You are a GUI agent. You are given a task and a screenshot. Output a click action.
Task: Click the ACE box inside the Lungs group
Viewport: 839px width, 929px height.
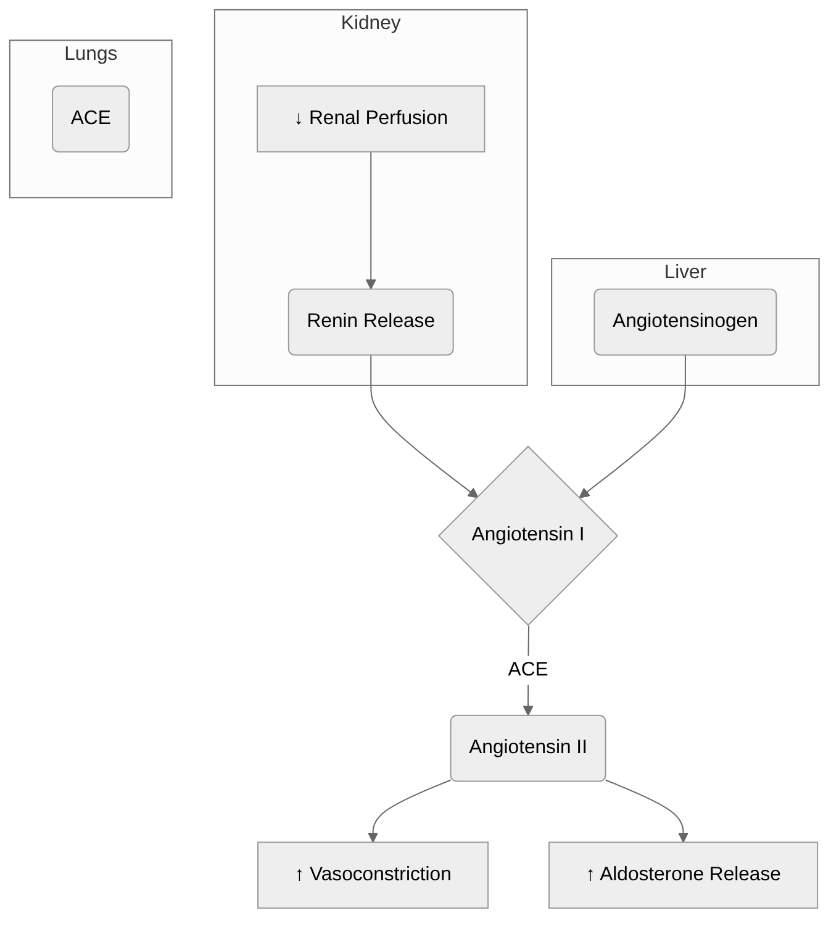coord(91,118)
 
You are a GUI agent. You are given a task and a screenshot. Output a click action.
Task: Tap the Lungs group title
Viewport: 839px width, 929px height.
coord(91,54)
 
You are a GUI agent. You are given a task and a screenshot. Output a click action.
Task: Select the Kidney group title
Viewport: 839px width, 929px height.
coord(371,23)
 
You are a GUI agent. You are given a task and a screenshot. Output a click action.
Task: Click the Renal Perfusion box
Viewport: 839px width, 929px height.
coord(371,118)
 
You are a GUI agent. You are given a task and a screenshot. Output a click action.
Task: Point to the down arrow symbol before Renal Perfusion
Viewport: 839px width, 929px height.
coord(299,118)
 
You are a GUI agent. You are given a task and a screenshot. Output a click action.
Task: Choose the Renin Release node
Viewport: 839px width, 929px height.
coord(371,321)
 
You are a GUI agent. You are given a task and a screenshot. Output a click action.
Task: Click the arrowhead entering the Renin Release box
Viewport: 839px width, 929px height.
coord(371,284)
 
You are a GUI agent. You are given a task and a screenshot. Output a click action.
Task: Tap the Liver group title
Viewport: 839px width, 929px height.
coord(685,272)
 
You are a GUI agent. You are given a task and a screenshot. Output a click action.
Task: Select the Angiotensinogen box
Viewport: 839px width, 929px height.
coord(685,321)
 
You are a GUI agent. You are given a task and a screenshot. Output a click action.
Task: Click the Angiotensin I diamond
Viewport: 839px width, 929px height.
coord(528,535)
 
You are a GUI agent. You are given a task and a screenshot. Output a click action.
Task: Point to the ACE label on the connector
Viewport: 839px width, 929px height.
coord(528,669)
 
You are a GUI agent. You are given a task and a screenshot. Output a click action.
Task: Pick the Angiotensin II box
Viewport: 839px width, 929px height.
coord(528,748)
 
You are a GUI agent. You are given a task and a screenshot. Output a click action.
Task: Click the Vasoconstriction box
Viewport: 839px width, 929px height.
coord(373,875)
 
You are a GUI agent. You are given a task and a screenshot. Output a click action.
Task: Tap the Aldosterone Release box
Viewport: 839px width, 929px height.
coord(683,875)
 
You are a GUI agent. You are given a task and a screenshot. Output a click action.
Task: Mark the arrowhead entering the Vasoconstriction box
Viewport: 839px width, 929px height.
coord(373,837)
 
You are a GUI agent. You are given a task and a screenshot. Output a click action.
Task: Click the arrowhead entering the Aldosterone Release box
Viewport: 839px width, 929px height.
coord(683,837)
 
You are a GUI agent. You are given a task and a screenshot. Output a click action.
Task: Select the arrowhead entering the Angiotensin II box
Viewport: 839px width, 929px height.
coord(528,711)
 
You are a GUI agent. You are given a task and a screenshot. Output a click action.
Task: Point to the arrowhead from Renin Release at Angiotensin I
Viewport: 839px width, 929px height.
coord(473,493)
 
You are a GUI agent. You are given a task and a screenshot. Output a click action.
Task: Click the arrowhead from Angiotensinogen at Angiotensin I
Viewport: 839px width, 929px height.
coord(584,493)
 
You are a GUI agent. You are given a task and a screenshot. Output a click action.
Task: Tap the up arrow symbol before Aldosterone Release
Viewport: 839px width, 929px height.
coord(590,874)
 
